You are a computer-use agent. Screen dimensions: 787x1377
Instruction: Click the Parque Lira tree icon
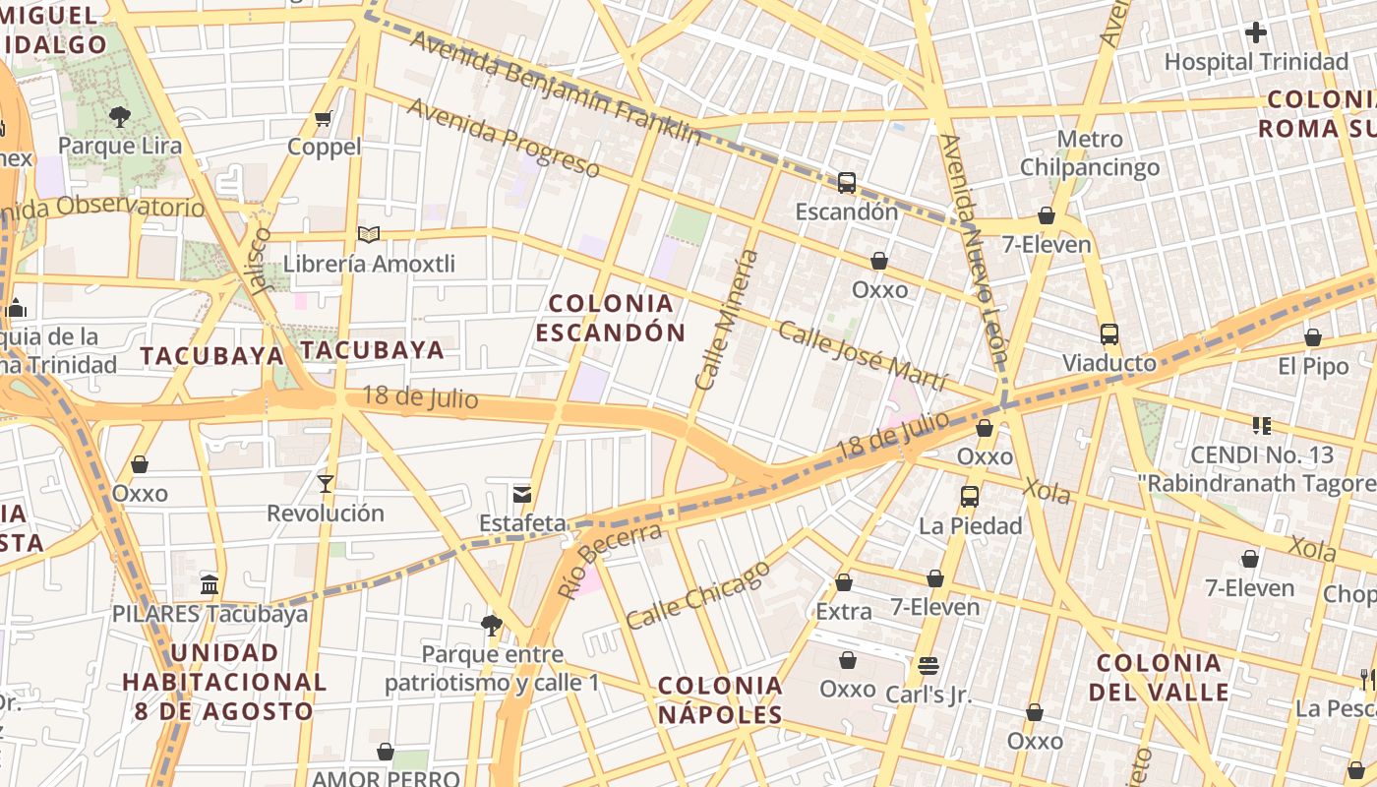pyautogui.click(x=120, y=117)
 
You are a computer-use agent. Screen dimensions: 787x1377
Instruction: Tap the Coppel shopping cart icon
pyautogui.click(x=324, y=119)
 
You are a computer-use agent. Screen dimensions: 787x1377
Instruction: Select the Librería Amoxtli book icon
pyautogui.click(x=369, y=235)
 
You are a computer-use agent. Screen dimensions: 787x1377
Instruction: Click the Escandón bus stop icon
pyautogui.click(x=847, y=182)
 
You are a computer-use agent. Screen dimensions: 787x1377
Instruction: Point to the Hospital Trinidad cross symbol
pyautogui.click(x=1256, y=32)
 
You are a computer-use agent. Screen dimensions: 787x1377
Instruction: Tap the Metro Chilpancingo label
pyautogui.click(x=1090, y=153)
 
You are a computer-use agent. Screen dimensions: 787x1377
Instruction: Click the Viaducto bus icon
pyautogui.click(x=1109, y=334)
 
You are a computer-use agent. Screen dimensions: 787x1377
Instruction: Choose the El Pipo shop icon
pyautogui.click(x=1313, y=338)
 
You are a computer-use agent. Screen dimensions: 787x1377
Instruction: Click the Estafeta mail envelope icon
pyautogui.click(x=522, y=494)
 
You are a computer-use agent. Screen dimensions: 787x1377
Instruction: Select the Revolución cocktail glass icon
pyautogui.click(x=326, y=483)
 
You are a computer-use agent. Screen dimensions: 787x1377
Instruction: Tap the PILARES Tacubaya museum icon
pyautogui.click(x=210, y=585)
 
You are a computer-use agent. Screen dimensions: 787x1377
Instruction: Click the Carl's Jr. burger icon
pyautogui.click(x=928, y=666)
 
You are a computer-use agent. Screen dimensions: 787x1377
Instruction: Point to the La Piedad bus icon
pyautogui.click(x=970, y=497)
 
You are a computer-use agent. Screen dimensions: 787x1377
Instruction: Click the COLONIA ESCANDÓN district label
pyautogui.click(x=611, y=318)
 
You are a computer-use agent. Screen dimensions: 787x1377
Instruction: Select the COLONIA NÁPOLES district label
pyautogui.click(x=720, y=699)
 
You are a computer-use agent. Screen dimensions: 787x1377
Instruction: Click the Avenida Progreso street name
pyautogui.click(x=503, y=138)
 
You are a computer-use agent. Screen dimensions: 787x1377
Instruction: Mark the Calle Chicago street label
pyautogui.click(x=697, y=595)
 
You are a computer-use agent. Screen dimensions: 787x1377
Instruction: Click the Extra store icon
pyautogui.click(x=844, y=582)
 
